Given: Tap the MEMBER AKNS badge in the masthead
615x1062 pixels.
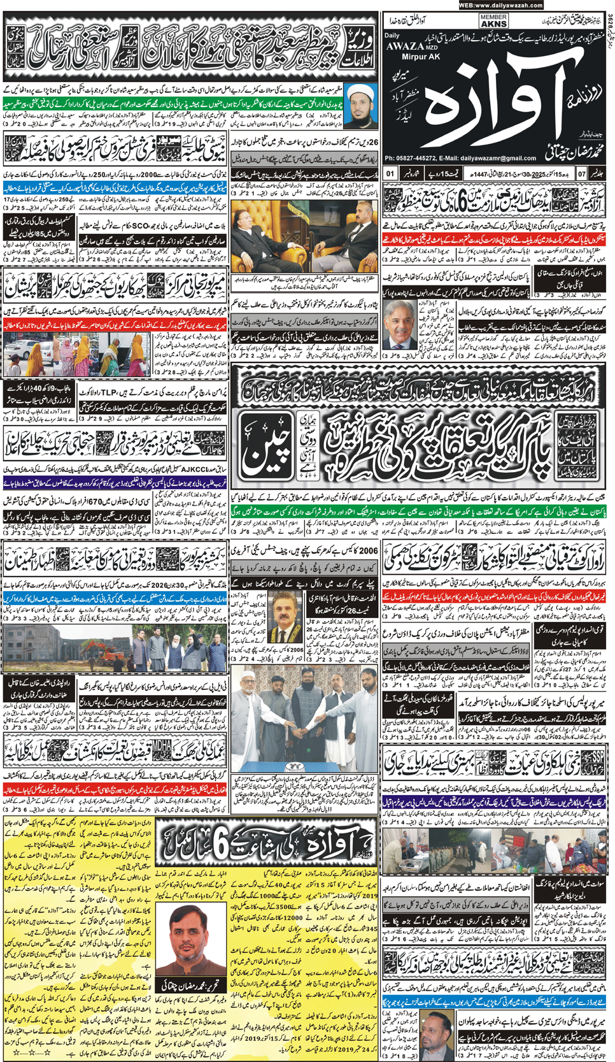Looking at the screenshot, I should tap(493, 21).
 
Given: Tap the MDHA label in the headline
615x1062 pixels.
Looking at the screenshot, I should tap(162, 743).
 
